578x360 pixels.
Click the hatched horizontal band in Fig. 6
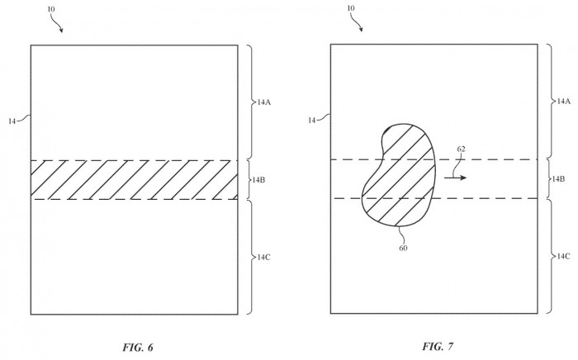134,179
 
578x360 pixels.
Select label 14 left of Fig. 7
311,121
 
